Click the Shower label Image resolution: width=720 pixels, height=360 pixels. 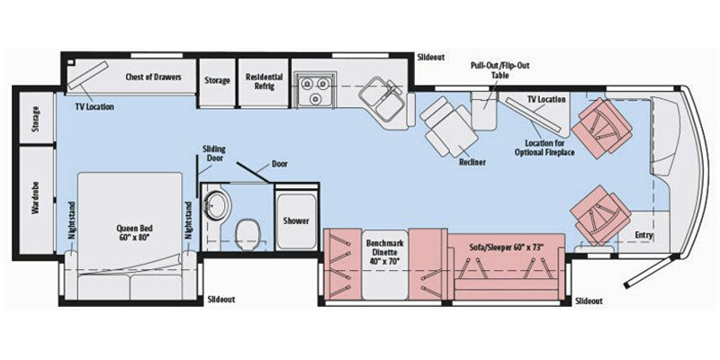[x=296, y=220]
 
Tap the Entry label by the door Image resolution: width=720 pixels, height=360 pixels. [x=643, y=236]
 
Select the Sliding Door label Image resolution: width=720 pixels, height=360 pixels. [x=214, y=153]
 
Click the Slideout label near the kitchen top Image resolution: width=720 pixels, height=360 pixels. [x=431, y=57]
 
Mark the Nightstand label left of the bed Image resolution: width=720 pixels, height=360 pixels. [x=72, y=231]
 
